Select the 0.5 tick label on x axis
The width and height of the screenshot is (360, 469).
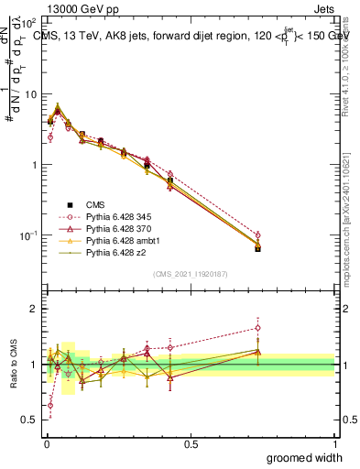(x=191, y=443)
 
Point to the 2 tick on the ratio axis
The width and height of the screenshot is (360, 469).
(x=34, y=309)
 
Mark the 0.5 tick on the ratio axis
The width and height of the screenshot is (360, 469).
(x=29, y=420)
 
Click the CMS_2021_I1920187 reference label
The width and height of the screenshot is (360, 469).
(x=190, y=273)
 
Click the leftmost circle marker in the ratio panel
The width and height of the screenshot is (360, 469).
(x=49, y=405)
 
